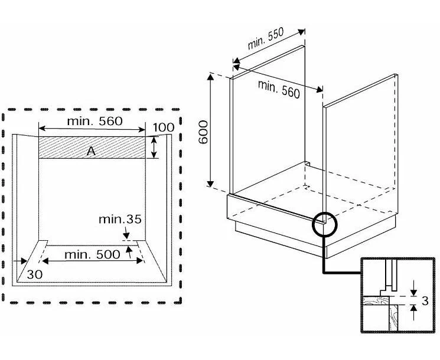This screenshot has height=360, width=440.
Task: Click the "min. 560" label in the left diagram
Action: point(94,122)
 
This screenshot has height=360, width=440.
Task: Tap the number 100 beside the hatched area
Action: point(164,128)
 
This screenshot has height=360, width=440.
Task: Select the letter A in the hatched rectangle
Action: point(91,151)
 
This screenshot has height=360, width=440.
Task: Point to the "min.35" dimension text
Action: point(120,220)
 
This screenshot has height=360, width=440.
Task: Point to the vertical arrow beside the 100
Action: point(154,148)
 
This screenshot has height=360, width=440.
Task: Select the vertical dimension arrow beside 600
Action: point(210,129)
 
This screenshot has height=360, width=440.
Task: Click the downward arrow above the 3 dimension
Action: point(413,288)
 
